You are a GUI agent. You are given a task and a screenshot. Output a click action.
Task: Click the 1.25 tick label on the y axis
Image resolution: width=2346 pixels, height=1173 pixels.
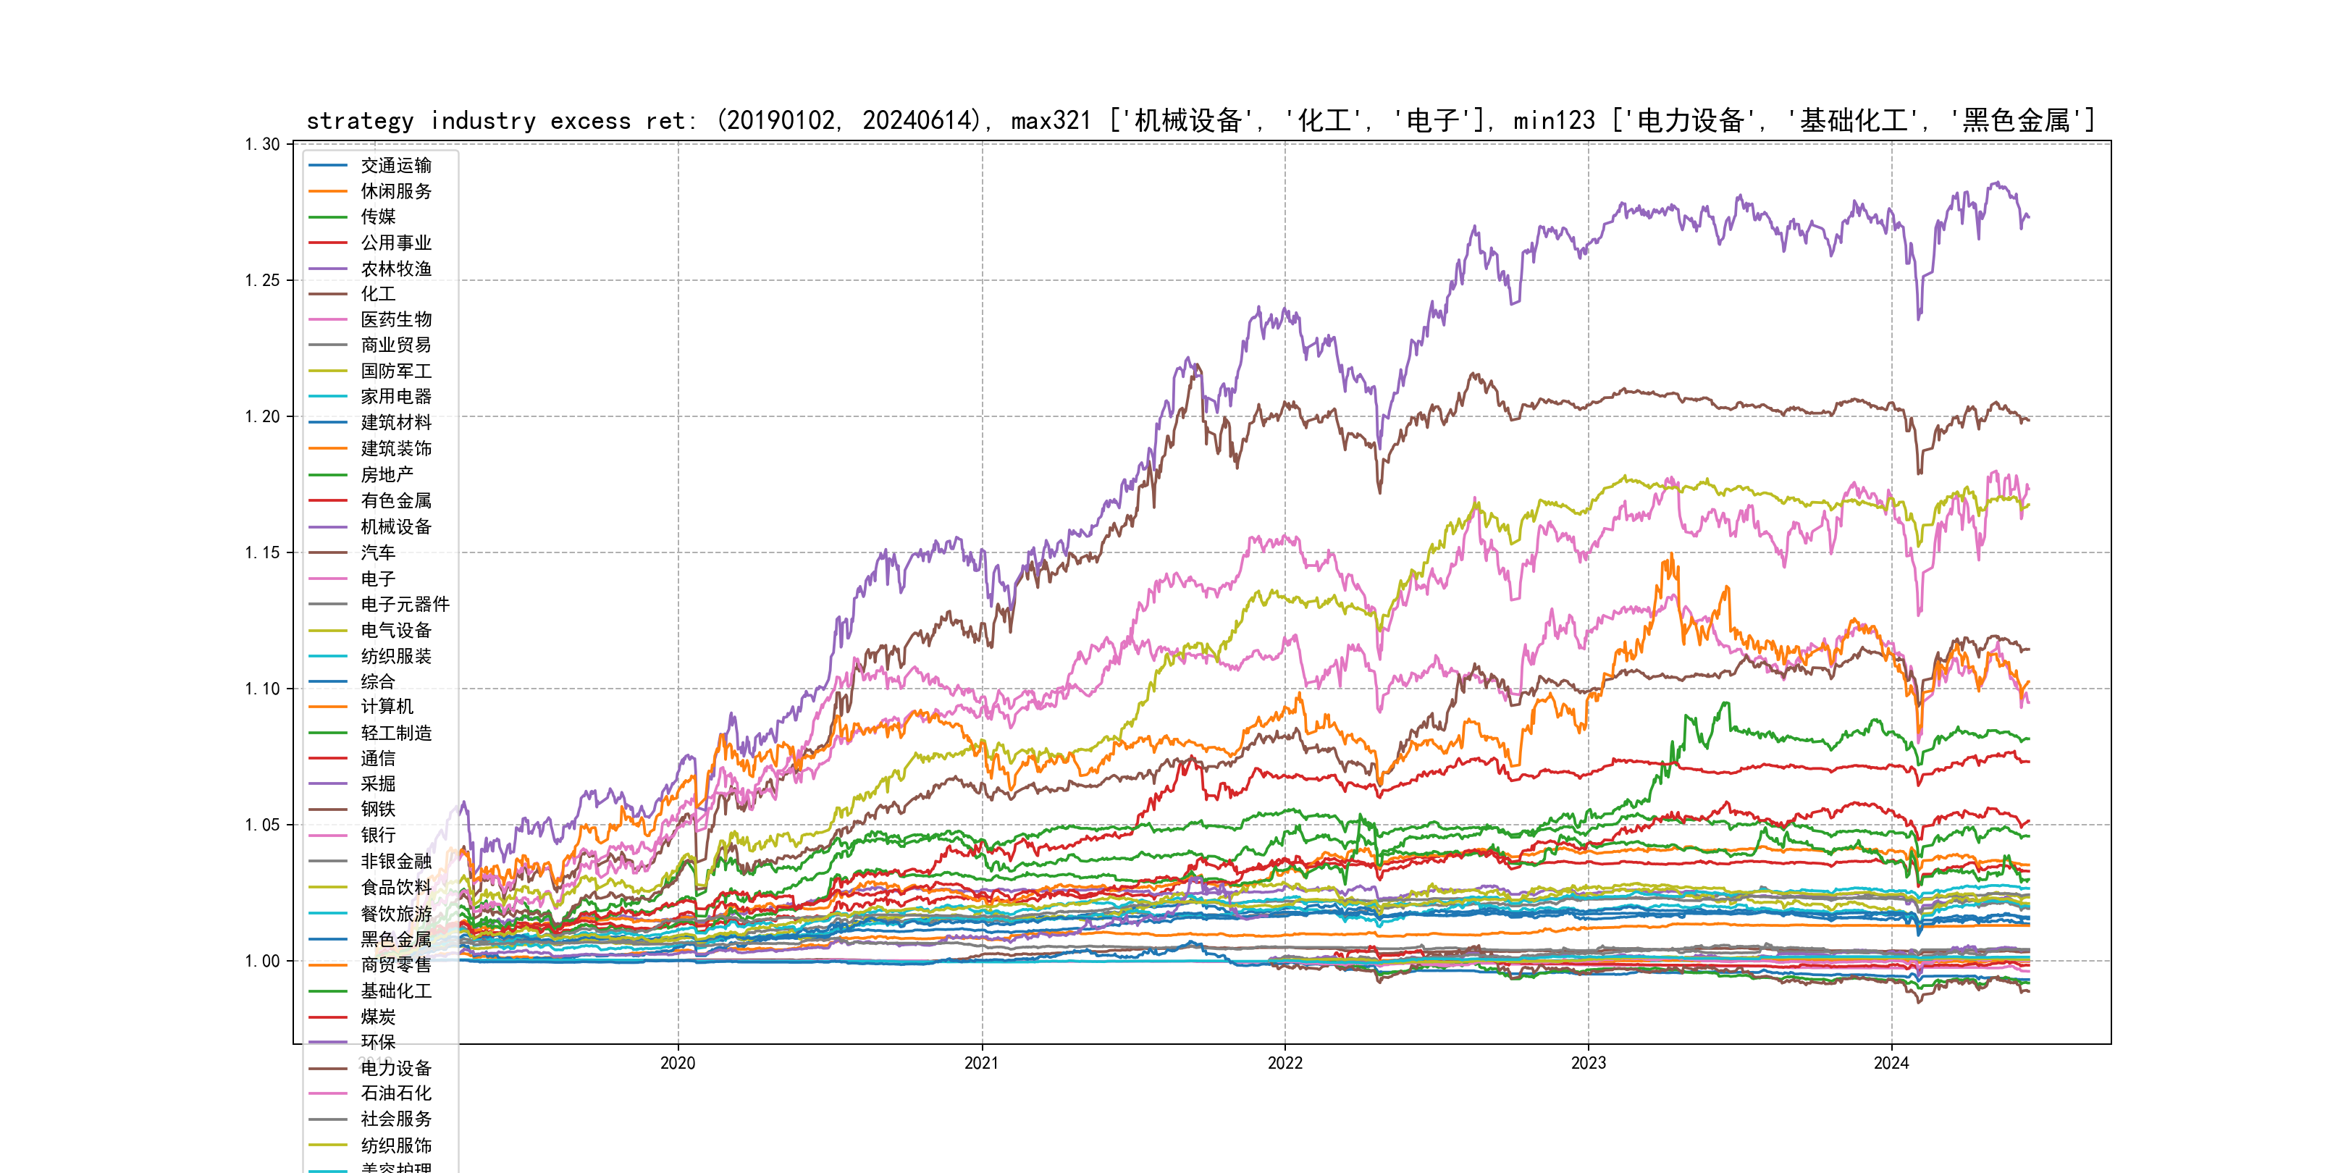coord(261,280)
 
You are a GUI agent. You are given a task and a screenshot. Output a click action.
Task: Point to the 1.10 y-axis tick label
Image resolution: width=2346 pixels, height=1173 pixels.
coord(261,689)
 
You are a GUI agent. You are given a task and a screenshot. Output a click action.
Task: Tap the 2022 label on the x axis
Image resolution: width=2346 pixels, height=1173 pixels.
coord(1285,1063)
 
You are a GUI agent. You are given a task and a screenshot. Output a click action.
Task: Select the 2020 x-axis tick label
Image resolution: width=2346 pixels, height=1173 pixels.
coord(678,1063)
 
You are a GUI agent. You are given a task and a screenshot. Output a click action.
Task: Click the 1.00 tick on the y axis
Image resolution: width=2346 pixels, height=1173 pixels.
coord(261,961)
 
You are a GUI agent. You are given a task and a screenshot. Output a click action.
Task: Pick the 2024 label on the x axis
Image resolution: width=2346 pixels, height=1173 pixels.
coord(1891,1063)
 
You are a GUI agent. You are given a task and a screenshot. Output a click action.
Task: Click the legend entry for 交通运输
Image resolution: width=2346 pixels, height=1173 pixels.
coord(395,166)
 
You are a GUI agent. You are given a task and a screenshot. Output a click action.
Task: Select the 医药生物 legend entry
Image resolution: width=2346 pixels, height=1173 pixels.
coord(395,319)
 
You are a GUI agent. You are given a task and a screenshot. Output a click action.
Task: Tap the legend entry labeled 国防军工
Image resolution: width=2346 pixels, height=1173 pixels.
coord(395,371)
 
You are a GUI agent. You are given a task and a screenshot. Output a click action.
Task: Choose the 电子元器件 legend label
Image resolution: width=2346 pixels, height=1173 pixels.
coord(404,604)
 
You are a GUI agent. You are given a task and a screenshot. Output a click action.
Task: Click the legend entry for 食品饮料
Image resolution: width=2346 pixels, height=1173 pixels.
coord(395,886)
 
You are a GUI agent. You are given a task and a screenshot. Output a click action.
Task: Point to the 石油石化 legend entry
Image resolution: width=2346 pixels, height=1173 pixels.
coord(395,1093)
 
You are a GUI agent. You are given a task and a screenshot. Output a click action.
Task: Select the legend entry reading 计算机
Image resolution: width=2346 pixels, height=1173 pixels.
coord(386,707)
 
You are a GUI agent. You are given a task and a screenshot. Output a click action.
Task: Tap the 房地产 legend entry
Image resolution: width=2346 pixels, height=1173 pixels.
coord(386,474)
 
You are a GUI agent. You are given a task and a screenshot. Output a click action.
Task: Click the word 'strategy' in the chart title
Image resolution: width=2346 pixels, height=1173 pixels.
coord(360,121)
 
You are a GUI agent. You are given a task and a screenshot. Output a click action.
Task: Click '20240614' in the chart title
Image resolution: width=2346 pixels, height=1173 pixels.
coord(920,121)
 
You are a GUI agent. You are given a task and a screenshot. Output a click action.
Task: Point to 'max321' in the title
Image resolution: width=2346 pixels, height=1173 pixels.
coord(1051,121)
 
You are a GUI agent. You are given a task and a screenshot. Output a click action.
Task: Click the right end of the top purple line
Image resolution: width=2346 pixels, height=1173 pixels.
coord(2028,216)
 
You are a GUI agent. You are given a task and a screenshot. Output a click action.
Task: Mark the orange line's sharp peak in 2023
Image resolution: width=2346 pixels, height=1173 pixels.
coord(1671,555)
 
